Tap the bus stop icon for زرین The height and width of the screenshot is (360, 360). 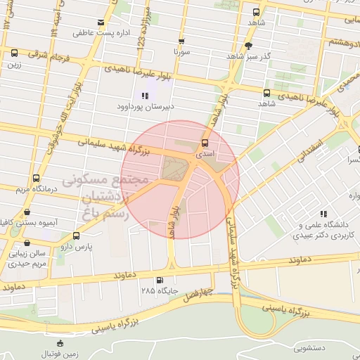point(14,53)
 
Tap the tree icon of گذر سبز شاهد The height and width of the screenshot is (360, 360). point(247,46)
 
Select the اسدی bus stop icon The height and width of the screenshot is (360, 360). point(205,143)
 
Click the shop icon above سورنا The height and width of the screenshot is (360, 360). point(181,41)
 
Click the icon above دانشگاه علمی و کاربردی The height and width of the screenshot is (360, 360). point(323,214)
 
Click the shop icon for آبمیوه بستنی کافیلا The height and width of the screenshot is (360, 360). point(27,212)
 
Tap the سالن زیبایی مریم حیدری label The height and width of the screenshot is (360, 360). point(27,257)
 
